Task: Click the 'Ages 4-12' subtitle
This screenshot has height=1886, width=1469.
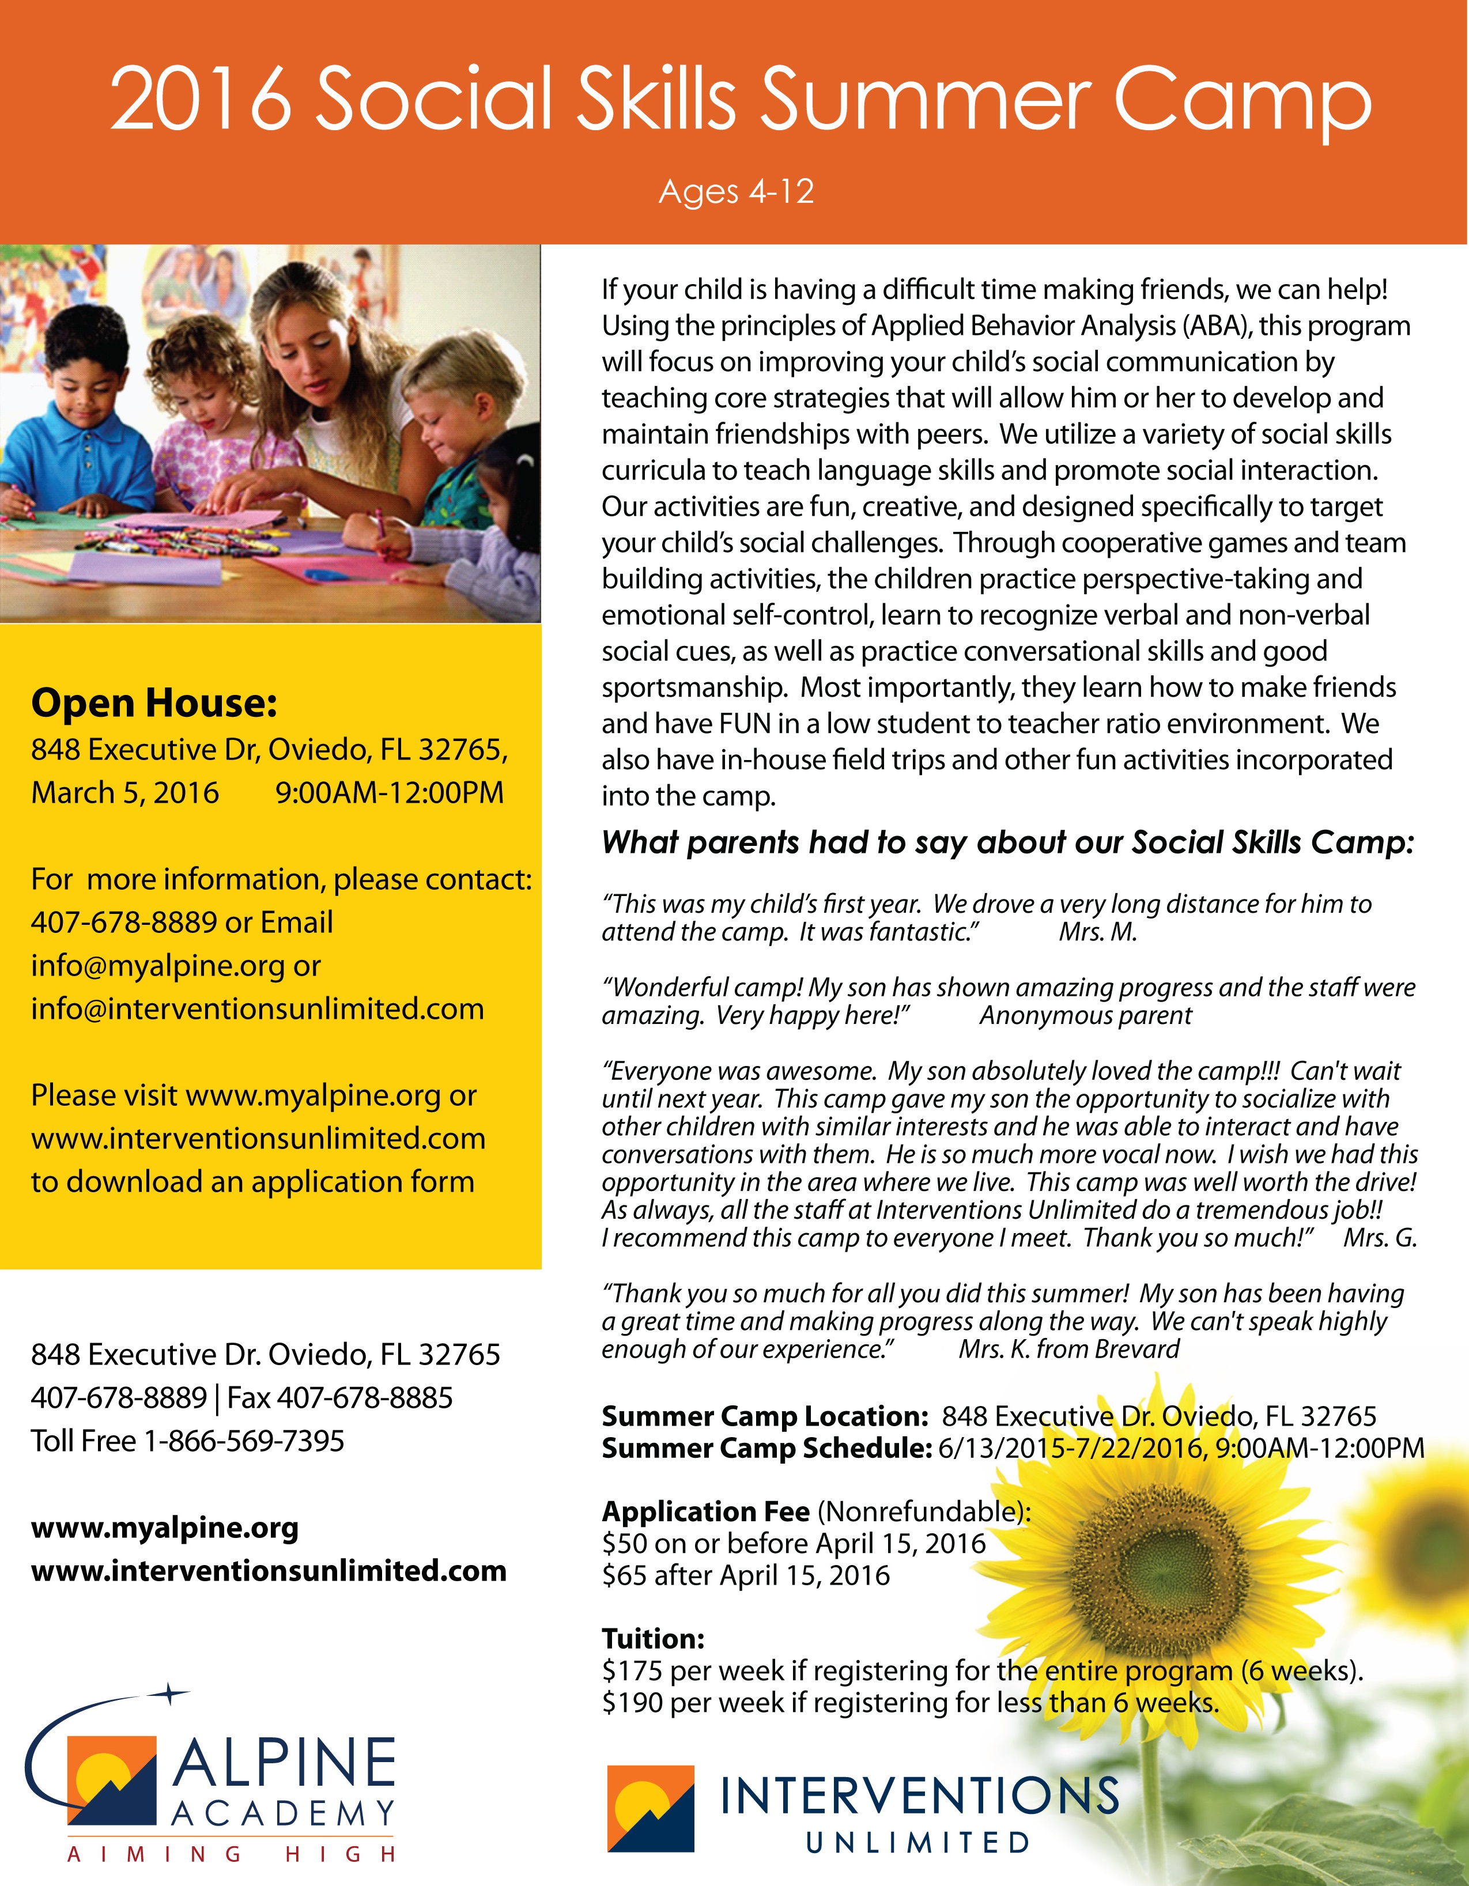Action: click(x=736, y=192)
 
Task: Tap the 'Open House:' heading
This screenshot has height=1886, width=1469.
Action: click(x=154, y=703)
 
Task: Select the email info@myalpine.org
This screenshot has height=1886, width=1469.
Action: click(x=158, y=965)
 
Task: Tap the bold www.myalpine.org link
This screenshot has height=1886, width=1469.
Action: click(x=164, y=1528)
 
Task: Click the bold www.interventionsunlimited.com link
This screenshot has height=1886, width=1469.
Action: click(x=269, y=1570)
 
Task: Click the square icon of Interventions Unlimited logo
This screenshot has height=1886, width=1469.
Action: click(x=650, y=1808)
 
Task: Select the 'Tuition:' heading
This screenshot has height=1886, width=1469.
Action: click(x=653, y=1638)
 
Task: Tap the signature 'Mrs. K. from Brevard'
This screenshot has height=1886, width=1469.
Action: click(x=1068, y=1349)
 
